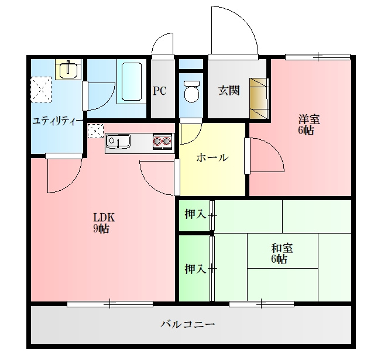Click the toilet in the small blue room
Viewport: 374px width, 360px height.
click(x=191, y=91)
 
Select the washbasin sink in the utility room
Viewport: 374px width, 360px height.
click(x=68, y=70)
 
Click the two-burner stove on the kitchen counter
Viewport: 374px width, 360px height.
click(x=162, y=141)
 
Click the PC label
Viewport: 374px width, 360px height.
click(x=160, y=91)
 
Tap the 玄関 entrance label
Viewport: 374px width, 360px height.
click(x=229, y=91)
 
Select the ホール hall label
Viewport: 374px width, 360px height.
click(x=212, y=157)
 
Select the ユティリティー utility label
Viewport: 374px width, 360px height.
click(x=57, y=121)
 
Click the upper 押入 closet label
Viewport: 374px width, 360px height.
click(x=194, y=215)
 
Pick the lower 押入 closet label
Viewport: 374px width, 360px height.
click(x=194, y=269)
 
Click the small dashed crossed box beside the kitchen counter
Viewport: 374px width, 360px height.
click(x=95, y=131)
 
